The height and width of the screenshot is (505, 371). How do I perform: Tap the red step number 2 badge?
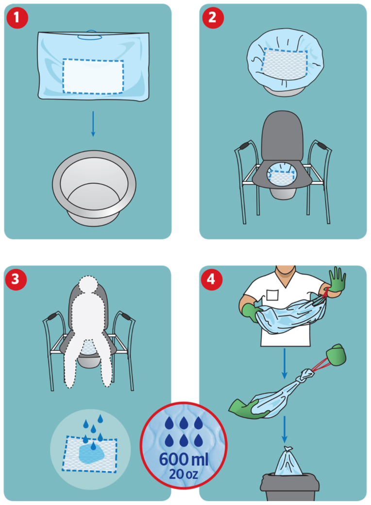[x=212, y=17]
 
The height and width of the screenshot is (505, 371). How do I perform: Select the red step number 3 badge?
[x=16, y=279]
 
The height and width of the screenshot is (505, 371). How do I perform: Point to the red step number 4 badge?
[x=211, y=279]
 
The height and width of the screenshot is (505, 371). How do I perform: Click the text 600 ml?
[x=184, y=459]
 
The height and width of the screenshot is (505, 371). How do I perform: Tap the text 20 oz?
[x=184, y=474]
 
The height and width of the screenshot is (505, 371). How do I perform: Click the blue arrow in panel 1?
[x=93, y=124]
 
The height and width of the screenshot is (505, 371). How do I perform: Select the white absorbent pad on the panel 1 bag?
[x=93, y=76]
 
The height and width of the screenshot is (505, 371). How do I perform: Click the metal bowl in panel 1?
[x=94, y=188]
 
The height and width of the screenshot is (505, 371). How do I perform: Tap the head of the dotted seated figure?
[x=88, y=285]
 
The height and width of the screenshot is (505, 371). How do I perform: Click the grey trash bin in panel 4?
[x=289, y=487]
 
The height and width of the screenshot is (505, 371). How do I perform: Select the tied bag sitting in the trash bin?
[x=288, y=461]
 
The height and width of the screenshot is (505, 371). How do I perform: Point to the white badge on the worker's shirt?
[x=272, y=295]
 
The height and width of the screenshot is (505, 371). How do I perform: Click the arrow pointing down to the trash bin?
[x=285, y=430]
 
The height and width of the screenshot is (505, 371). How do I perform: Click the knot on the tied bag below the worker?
[x=306, y=375]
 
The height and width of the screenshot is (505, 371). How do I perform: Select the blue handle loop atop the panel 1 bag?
[x=90, y=35]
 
